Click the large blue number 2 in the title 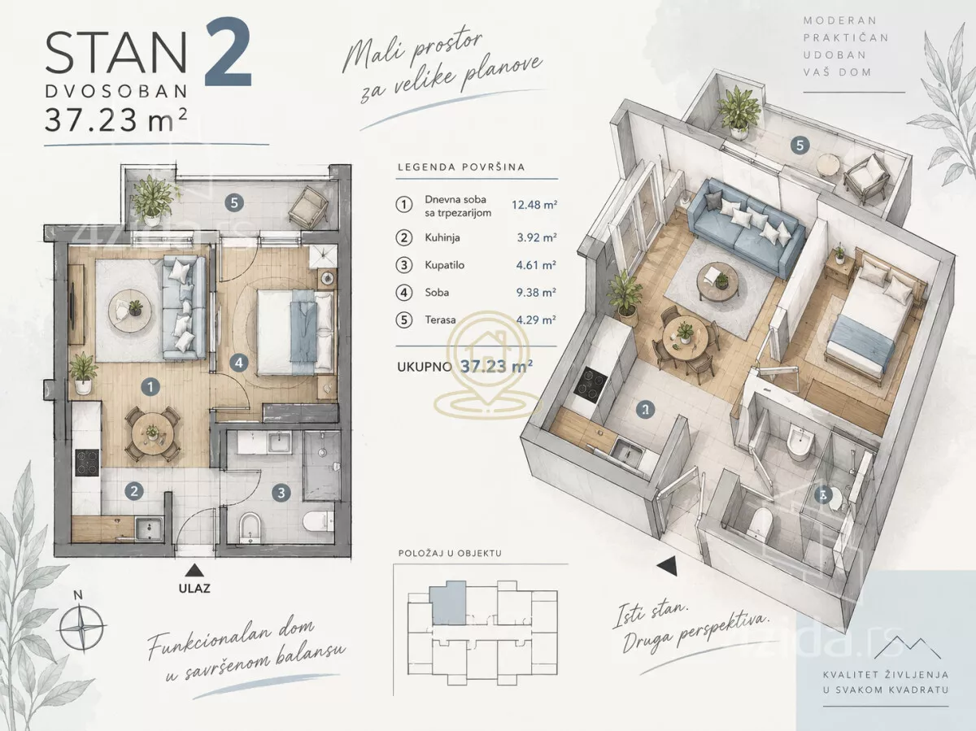point(229,52)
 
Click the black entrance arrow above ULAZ point(194,570)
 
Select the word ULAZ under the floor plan point(194,589)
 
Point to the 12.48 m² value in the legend point(534,205)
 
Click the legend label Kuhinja point(442,237)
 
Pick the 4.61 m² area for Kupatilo point(536,265)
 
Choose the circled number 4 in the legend point(403,293)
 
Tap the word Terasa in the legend point(440,320)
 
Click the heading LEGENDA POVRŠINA point(461,168)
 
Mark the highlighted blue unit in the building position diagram point(448,603)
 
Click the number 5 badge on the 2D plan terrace point(234,203)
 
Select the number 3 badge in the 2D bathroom point(281,493)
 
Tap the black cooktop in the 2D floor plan point(87,463)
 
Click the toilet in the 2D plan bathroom point(319,521)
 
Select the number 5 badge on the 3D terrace point(800,146)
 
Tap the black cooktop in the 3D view point(590,385)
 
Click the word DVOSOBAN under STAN point(116,92)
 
